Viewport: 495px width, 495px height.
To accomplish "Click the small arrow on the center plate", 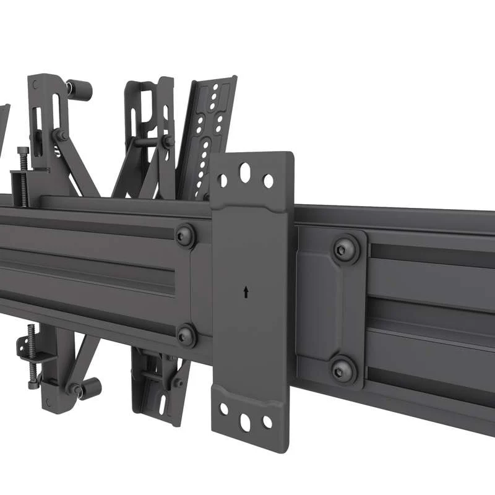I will click(x=246, y=291).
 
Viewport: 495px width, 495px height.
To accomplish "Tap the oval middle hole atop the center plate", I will click(x=245, y=171).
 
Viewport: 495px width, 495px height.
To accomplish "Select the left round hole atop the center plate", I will click(x=223, y=180).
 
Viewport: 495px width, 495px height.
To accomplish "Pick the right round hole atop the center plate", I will click(x=268, y=181).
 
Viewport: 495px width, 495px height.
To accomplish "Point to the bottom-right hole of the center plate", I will click(x=267, y=422).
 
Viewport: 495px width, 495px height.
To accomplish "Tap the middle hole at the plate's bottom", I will click(x=245, y=423).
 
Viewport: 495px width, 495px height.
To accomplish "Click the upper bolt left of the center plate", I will click(x=185, y=235).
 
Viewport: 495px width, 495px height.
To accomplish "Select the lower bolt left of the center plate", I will click(x=186, y=335).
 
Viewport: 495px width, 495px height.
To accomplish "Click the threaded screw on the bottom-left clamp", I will click(x=30, y=359).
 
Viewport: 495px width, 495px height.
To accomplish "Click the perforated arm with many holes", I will click(x=207, y=136).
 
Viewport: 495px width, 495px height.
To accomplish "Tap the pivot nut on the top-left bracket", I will click(x=61, y=136).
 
